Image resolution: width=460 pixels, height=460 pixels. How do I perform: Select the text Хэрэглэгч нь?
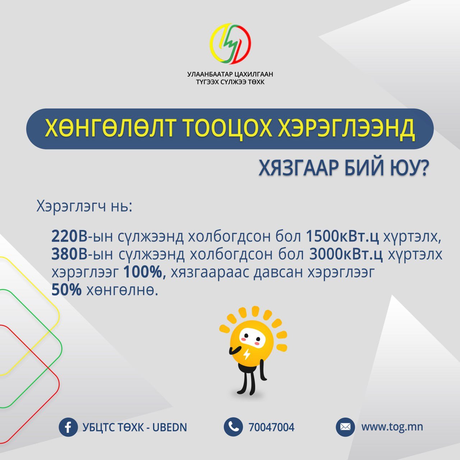point(84,207)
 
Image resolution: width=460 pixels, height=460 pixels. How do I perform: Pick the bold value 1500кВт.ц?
point(342,236)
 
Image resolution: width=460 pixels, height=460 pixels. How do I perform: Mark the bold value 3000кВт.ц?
point(346,254)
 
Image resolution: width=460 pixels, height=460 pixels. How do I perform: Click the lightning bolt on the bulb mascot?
point(247,354)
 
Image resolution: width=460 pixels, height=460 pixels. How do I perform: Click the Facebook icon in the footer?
point(68,427)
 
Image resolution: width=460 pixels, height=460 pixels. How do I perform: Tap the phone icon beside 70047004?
point(233,427)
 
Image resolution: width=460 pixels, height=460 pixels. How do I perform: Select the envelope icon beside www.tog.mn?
point(345,427)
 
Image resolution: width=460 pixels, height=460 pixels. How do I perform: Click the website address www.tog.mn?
point(392,427)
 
